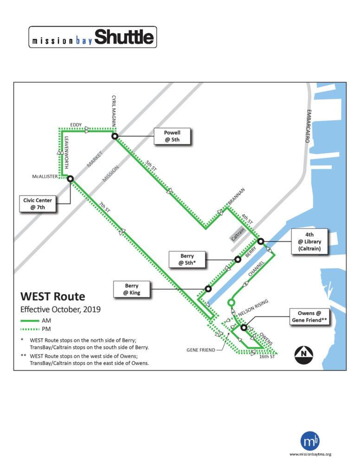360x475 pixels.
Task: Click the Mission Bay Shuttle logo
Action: (x=92, y=37)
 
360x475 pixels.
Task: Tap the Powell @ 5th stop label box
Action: (x=172, y=136)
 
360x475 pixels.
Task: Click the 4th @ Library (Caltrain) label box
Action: (x=309, y=242)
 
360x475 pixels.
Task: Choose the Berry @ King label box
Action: (x=132, y=289)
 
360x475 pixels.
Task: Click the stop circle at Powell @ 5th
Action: (x=115, y=136)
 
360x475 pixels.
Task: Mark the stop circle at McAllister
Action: (x=70, y=179)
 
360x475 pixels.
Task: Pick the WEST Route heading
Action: (x=52, y=296)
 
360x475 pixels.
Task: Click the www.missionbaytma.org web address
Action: (x=310, y=454)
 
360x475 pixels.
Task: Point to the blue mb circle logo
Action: (x=310, y=441)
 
